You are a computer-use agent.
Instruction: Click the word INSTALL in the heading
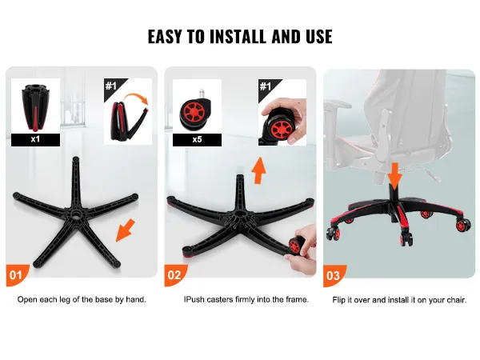click(x=238, y=37)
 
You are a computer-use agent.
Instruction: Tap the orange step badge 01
click(x=17, y=275)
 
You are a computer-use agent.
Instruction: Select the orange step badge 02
click(x=175, y=275)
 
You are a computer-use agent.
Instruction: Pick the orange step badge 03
click(x=334, y=275)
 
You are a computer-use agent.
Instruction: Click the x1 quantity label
click(x=35, y=139)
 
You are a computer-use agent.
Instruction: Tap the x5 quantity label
click(x=197, y=139)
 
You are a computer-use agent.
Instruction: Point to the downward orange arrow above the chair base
click(x=395, y=175)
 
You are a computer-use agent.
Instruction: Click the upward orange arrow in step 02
click(x=259, y=170)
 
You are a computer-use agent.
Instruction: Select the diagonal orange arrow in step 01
click(x=125, y=230)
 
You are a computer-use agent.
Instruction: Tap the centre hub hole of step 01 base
click(x=75, y=215)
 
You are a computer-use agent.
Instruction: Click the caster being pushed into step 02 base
click(x=296, y=245)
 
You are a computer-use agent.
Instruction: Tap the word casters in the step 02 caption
click(x=220, y=299)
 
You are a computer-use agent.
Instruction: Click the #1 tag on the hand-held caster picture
click(x=266, y=86)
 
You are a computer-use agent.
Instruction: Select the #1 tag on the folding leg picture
click(x=112, y=86)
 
